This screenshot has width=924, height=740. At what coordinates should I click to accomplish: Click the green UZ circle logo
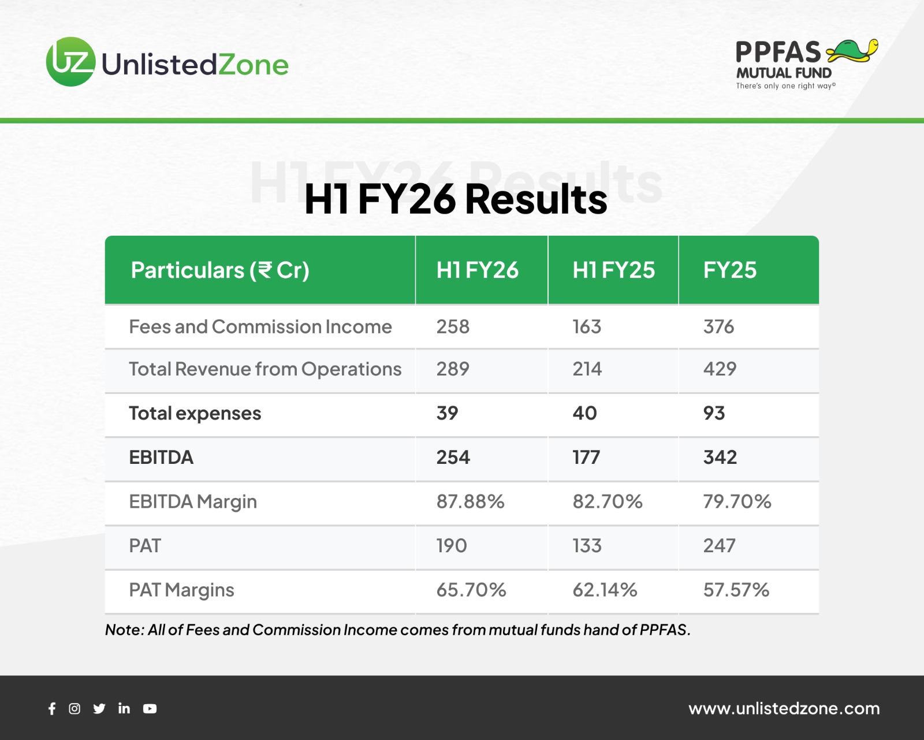coord(71,61)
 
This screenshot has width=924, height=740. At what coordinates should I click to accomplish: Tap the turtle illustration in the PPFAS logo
coord(852,51)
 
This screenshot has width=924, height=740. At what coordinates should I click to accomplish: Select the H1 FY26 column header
coord(478,270)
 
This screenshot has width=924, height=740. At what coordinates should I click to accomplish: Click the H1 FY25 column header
coord(613,270)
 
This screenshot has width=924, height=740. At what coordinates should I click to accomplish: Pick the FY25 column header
coord(729,270)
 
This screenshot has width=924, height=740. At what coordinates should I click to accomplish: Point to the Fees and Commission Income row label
coord(260,326)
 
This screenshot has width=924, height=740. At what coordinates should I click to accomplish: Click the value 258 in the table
coord(453,326)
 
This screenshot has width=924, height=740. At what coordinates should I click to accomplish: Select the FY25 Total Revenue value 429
coord(720,369)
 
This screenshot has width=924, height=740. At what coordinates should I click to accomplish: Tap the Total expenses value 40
coord(584,412)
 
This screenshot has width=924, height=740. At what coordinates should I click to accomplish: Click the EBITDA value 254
coord(453,457)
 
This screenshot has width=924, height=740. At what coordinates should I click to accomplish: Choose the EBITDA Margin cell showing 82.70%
coord(607,501)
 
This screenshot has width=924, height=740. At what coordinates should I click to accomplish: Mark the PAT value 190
coord(451,545)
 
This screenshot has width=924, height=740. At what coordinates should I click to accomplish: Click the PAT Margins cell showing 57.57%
coord(736,590)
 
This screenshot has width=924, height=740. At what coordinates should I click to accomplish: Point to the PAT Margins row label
coord(181,590)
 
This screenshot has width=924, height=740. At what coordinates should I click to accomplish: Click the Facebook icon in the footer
coord(52,709)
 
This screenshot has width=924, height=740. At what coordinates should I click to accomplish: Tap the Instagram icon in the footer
coord(74,709)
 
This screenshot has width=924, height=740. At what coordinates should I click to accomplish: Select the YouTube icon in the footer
coord(150,709)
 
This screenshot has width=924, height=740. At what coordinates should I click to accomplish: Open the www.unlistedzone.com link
coord(784,708)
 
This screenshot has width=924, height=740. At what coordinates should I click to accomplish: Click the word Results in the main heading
coord(536,198)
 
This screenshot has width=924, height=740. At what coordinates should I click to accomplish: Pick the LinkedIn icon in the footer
coord(124,709)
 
